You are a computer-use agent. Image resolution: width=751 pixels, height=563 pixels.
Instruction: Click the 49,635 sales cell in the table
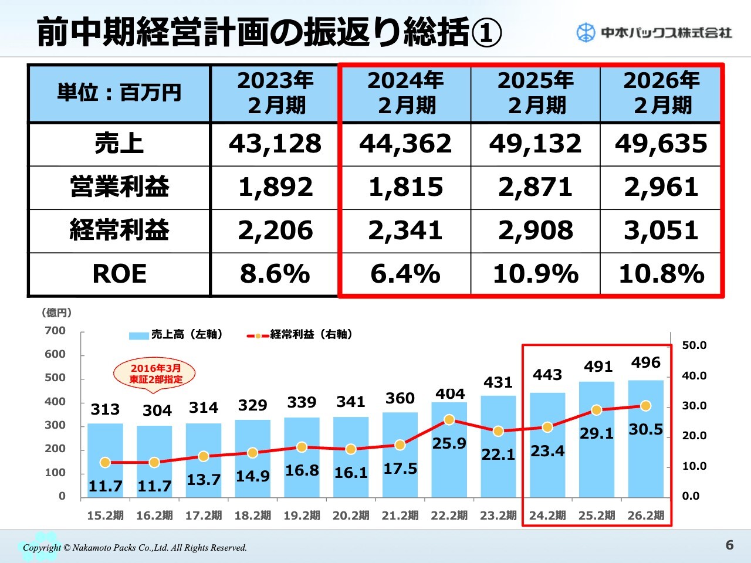pos(661,144)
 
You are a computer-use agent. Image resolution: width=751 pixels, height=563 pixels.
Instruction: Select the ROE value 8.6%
pos(275,274)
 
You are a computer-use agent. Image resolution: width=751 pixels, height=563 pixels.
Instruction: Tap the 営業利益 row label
pos(119,187)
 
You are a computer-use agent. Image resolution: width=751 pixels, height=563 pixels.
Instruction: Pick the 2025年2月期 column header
pos(535,93)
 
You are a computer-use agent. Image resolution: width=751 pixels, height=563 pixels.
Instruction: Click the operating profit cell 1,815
pos(405,187)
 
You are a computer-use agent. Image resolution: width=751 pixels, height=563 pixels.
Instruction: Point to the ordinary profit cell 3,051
pos(661,230)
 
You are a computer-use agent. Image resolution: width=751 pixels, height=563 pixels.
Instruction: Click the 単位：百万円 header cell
pos(119,93)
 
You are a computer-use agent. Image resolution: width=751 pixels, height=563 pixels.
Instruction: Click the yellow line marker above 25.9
pos(449,420)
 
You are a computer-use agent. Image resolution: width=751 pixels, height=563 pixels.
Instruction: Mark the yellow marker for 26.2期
pos(645,406)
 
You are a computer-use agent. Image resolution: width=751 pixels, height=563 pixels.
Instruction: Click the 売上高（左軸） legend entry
pos(176,335)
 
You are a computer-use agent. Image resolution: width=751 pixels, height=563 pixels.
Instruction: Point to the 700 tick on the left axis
pos(55,331)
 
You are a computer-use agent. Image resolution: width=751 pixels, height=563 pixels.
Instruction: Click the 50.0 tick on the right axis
pos(694,345)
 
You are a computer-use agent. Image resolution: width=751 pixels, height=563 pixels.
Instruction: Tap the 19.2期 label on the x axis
pos(302,515)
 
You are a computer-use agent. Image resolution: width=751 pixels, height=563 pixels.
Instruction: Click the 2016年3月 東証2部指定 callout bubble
pos(155,374)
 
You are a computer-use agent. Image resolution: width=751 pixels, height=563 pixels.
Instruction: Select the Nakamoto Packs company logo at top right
pos(654,32)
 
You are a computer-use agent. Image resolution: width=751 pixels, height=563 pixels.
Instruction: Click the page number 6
pos(729,545)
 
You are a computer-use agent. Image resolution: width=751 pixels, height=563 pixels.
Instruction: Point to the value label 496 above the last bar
pos(645,363)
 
